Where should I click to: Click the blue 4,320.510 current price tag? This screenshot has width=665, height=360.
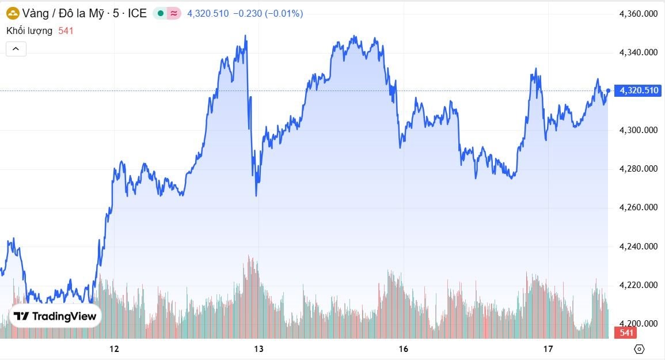coord(638,90)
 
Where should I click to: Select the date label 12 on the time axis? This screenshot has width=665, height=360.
coord(114,348)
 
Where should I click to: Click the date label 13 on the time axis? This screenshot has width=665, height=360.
coord(259,348)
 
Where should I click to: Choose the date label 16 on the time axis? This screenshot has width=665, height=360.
coord(403,348)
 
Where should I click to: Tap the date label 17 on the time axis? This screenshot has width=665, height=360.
coord(548,348)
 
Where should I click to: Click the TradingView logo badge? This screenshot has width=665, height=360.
coord(55,316)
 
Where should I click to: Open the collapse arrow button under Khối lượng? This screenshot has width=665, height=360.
coord(16,49)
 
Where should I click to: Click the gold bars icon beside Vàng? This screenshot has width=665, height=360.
coord(12,13)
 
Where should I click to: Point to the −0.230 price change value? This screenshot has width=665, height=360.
coord(247,13)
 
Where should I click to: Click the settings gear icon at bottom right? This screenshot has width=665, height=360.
coord(639,349)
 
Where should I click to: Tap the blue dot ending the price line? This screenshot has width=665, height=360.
coord(608,90)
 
